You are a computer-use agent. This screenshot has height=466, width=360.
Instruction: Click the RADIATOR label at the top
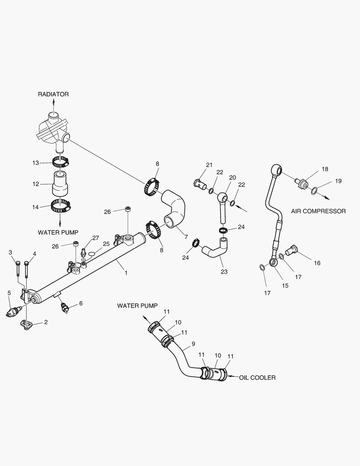[x=53, y=94]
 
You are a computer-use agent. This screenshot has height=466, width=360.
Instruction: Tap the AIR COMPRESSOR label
[x=318, y=211]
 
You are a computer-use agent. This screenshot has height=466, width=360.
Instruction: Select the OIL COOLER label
[x=258, y=378]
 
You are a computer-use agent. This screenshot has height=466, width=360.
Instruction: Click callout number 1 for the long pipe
[x=125, y=273]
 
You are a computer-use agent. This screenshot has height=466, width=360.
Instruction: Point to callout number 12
[x=36, y=184]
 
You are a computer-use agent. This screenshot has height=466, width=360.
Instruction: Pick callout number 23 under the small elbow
[x=224, y=272]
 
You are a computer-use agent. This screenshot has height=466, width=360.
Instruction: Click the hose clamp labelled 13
[x=60, y=163]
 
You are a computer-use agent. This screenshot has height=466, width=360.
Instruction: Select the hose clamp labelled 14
[x=60, y=206]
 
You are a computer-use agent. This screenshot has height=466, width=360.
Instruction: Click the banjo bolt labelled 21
[x=200, y=183]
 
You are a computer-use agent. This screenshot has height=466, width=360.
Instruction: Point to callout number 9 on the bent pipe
[x=193, y=344]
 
